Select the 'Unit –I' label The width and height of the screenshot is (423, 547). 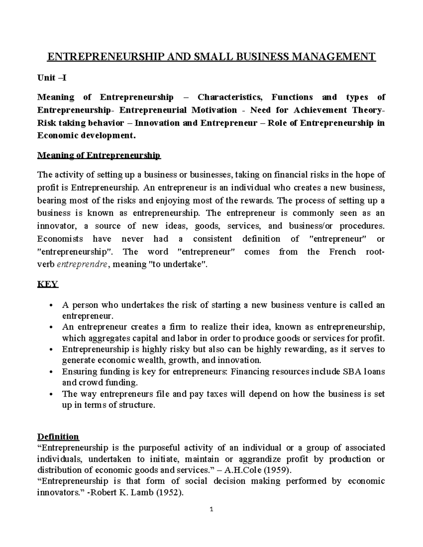point(51,78)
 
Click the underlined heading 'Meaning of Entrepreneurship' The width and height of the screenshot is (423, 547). point(99,155)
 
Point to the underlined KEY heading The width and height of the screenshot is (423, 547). point(48,284)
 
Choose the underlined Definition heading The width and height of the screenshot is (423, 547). point(58,437)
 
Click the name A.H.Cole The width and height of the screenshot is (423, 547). point(246,470)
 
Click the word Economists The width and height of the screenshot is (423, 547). point(60,239)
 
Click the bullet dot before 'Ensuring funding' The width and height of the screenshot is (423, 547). point(51,372)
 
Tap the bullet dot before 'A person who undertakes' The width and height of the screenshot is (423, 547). point(51,305)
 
